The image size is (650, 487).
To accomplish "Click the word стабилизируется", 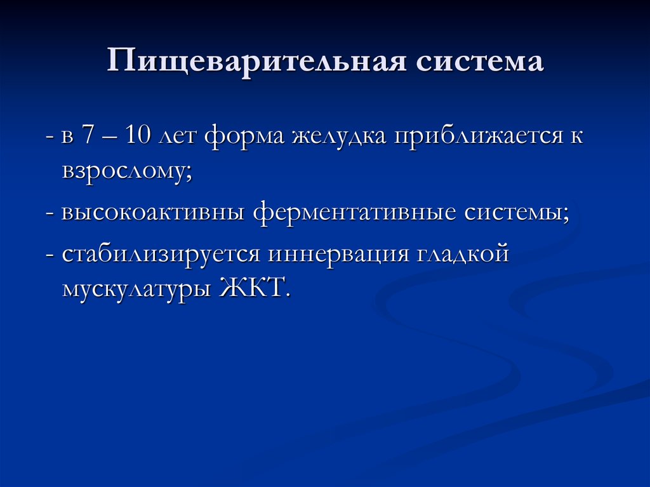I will (x=161, y=253).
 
